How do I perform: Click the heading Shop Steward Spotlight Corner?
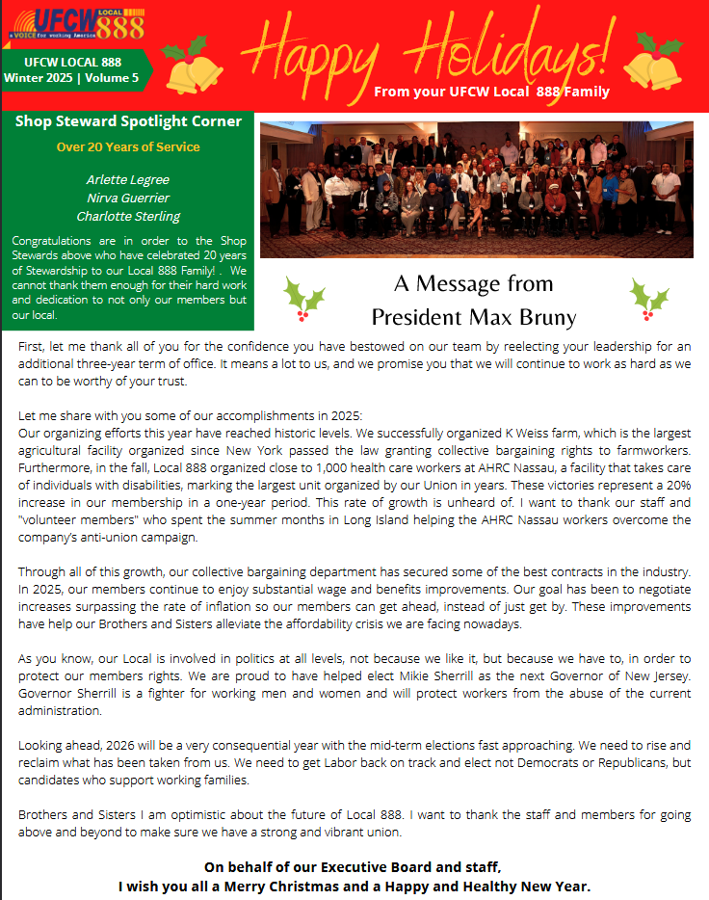click(x=128, y=121)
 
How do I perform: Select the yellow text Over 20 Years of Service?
click(x=128, y=147)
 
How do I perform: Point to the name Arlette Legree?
click(x=128, y=180)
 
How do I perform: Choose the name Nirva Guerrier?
click(x=128, y=199)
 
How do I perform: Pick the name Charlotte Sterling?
click(x=128, y=217)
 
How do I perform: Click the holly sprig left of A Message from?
click(x=305, y=299)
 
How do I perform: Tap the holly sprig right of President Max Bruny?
click(x=649, y=299)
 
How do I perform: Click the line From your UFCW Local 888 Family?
click(x=491, y=93)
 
